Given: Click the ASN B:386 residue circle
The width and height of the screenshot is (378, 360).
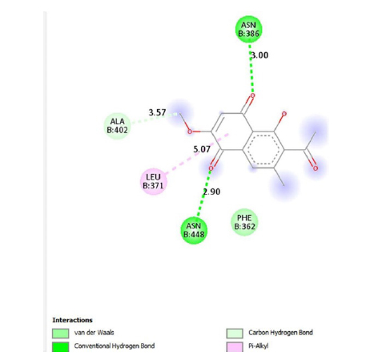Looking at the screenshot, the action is [x=248, y=29].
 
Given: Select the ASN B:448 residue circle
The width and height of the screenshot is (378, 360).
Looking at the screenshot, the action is [x=194, y=230].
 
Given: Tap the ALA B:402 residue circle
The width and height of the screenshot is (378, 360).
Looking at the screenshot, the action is [x=117, y=126].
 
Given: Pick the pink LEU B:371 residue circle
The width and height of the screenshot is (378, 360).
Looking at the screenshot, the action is [x=154, y=181].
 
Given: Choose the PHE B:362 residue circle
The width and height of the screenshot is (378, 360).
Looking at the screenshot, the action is [x=244, y=222].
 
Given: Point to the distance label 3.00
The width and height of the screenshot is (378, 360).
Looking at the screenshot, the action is [x=259, y=55].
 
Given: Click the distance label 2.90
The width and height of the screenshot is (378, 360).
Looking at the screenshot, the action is [x=211, y=192].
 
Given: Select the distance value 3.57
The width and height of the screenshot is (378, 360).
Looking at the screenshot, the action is [x=157, y=112].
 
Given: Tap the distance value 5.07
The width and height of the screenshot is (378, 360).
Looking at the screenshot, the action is [x=202, y=149].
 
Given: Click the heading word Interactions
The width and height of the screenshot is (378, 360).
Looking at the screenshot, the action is [x=72, y=320].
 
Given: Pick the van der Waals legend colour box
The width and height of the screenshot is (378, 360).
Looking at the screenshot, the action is [x=60, y=333].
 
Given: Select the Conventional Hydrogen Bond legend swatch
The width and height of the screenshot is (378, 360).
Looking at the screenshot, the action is [x=60, y=346].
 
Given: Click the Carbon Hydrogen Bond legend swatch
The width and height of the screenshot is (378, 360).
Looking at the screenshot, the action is [x=235, y=333].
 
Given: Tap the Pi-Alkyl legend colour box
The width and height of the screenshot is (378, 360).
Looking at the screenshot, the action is [x=235, y=346].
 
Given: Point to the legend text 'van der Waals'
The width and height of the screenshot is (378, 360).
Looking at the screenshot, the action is [x=94, y=333].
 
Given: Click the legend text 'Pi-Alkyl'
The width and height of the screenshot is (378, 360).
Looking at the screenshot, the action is [x=259, y=346].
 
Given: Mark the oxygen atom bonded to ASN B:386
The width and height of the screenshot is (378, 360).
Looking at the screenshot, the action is [x=253, y=95].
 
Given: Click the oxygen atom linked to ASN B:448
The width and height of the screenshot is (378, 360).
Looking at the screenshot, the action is [x=211, y=168].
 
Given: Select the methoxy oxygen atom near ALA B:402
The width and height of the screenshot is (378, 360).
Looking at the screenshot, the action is [x=190, y=131].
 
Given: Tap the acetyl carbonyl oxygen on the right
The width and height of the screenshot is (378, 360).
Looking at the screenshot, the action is [x=316, y=168].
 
